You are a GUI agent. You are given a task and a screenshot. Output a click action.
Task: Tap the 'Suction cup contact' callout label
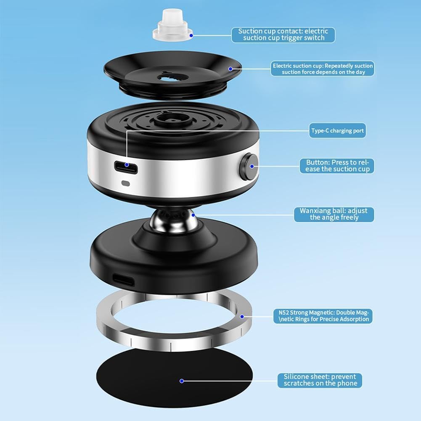pos(283,34)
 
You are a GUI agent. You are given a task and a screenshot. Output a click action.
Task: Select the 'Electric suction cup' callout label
pos(322,69)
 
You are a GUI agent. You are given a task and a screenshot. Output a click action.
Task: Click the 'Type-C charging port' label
pos(337,130)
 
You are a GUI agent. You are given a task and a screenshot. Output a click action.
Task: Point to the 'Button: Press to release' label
pos(337,166)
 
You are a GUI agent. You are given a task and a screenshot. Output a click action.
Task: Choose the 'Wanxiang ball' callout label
pos(334,214)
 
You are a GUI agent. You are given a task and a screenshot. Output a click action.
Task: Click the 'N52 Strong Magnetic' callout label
pos(323,316)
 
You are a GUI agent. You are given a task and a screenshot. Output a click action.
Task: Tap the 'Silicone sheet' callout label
pos(320,380)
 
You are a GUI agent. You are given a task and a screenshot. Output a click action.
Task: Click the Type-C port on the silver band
pos(127,167)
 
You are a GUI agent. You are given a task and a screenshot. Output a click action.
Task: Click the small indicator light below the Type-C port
pos(125,184)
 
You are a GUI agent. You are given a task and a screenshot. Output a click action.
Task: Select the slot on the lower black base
pos(123,280)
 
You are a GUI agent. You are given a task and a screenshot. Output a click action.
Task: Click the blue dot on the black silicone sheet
pos(182,381)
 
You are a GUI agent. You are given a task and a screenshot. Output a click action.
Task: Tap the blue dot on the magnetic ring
pos(242,317)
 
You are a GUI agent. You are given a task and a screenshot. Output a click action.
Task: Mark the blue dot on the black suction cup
pos(230,69)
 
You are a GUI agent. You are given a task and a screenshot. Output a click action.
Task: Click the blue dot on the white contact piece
pos(191,35)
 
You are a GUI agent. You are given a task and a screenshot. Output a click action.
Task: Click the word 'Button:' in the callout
pos(318,162)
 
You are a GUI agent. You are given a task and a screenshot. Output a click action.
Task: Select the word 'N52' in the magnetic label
pos(283,312)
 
